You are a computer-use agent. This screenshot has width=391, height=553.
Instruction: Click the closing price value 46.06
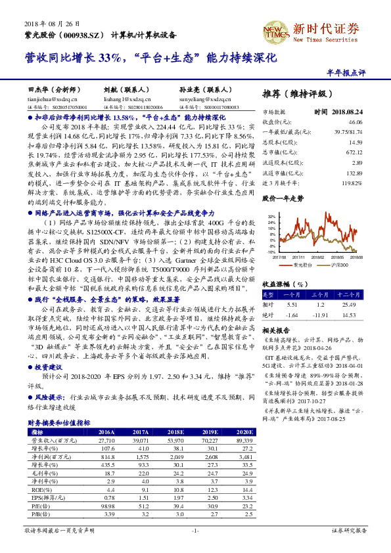355,122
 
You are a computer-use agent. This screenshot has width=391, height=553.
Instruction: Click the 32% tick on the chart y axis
271,215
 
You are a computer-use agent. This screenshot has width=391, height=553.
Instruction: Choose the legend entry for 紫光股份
302,264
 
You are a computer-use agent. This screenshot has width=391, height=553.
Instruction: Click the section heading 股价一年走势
283,198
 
